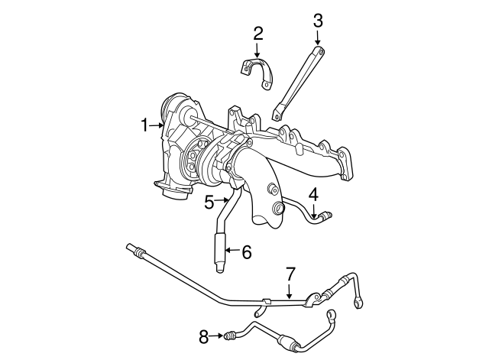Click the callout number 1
[x=144, y=125]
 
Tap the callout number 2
[x=258, y=34]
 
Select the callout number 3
[x=318, y=21]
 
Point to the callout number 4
[x=313, y=194]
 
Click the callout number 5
[x=209, y=202]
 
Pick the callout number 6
[x=246, y=252]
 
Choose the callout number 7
[x=290, y=274]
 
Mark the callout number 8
[x=204, y=336]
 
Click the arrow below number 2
[x=257, y=50]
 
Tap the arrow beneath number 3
[x=318, y=37]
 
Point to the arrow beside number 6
[x=232, y=250]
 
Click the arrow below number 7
[x=290, y=290]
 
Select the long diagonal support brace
[x=298, y=83]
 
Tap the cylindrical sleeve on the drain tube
[x=219, y=248]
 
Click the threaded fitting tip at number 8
[x=228, y=336]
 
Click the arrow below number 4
[x=315, y=210]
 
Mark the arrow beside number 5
[x=223, y=199]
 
